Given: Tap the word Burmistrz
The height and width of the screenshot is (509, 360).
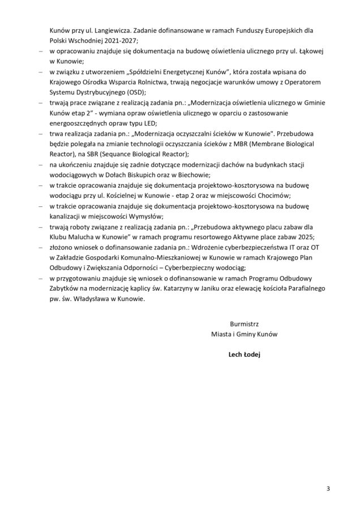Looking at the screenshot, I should [244, 324].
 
